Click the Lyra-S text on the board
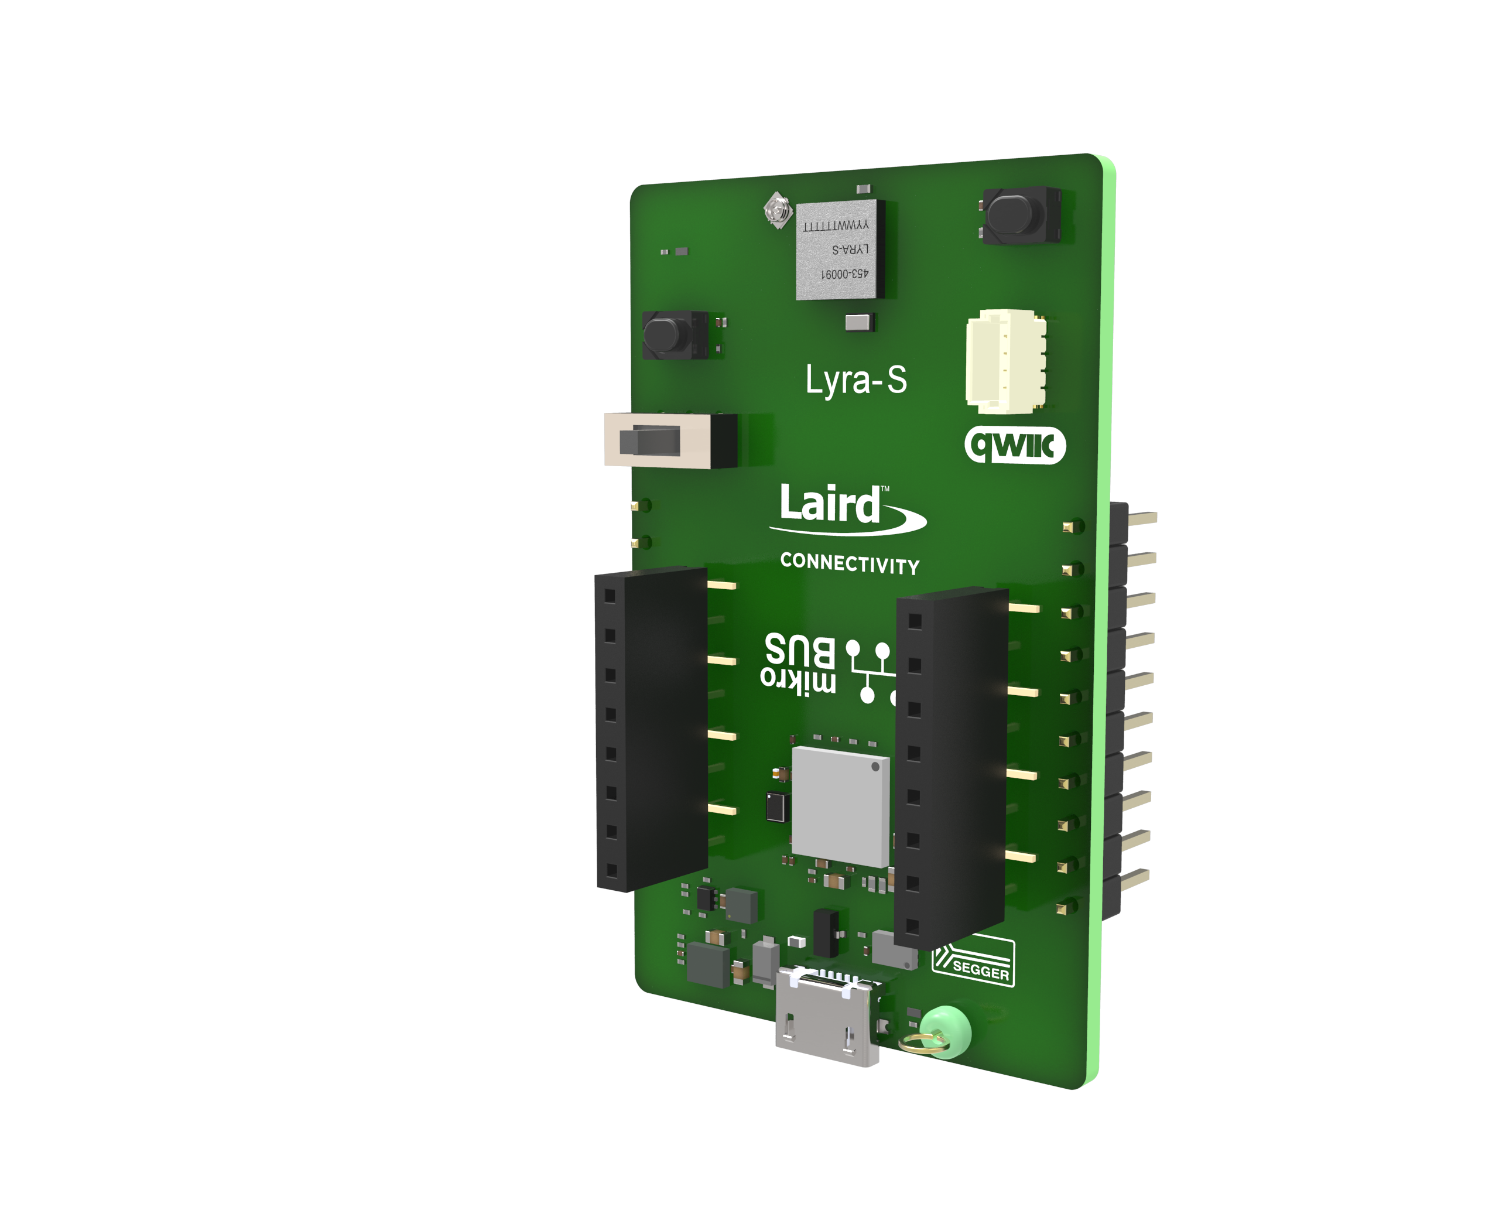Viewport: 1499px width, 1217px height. pos(855,381)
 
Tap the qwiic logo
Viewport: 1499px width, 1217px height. pos(1015,445)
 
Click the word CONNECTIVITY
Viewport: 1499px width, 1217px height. pos(850,563)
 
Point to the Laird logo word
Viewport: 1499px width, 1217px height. pos(830,505)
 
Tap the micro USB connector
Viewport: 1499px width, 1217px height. pos(825,1017)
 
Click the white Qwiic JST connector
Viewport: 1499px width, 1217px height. pos(1005,360)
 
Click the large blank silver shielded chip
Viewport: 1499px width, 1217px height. pos(840,806)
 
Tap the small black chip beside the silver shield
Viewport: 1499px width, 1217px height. pos(776,807)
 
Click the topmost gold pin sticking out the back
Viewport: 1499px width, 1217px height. pos(1142,518)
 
